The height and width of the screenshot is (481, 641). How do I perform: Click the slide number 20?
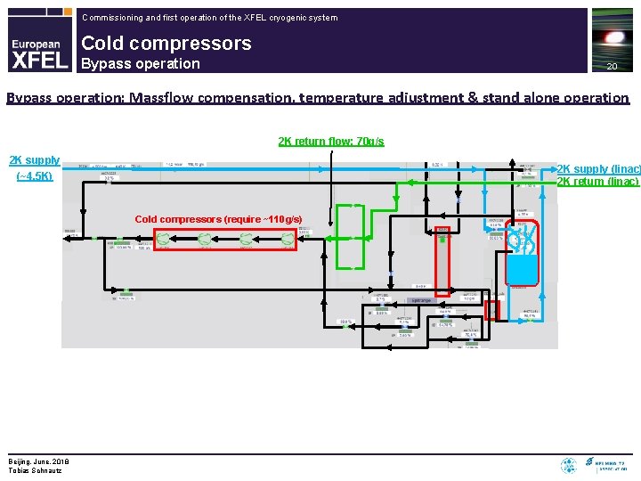pos(612,67)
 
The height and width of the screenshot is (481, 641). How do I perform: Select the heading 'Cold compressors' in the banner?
pos(166,43)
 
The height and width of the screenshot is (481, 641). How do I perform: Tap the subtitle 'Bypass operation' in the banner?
pos(141,63)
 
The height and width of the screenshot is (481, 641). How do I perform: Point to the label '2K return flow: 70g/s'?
pos(331,141)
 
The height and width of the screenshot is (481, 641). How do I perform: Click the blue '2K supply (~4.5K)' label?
pos(35,167)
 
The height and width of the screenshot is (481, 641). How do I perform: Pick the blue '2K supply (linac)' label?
pos(597,169)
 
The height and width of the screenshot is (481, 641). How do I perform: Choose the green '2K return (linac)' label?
pos(597,182)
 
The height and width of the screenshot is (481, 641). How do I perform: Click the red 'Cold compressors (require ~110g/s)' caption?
pos(218,219)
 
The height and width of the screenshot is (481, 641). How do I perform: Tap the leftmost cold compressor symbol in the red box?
pos(166,239)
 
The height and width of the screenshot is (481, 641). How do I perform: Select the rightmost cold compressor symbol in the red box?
pos(287,239)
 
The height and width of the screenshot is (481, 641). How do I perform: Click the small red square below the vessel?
pos(491,310)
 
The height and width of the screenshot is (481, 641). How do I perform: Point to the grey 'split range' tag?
pos(420,300)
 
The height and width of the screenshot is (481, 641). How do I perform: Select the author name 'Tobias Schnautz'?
pos(35,470)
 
